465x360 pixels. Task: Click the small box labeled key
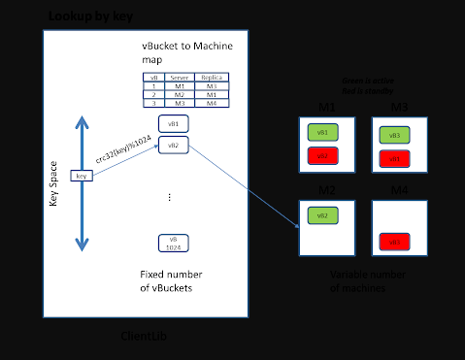[x=82, y=176]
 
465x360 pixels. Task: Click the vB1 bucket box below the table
[x=173, y=124]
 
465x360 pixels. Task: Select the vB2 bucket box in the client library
[x=173, y=146]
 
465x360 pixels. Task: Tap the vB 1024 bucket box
[x=173, y=243]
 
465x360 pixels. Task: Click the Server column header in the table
[x=179, y=77]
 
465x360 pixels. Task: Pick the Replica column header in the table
[x=211, y=77]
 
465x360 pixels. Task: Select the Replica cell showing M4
[x=211, y=103]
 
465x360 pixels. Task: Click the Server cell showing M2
[x=179, y=94]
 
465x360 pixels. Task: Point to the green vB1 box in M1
[x=322, y=132]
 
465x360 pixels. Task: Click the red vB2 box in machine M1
[x=322, y=155]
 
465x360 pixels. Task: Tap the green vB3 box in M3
[x=394, y=136]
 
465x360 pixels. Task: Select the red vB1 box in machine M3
[x=394, y=158]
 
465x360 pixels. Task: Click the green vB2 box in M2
[x=322, y=215]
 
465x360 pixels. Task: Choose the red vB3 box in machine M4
[x=394, y=241]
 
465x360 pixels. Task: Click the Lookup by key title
[x=90, y=16]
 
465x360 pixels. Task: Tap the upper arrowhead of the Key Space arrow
[x=83, y=122]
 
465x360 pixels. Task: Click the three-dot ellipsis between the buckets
[x=170, y=196]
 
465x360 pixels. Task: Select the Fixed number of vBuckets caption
[x=172, y=280]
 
